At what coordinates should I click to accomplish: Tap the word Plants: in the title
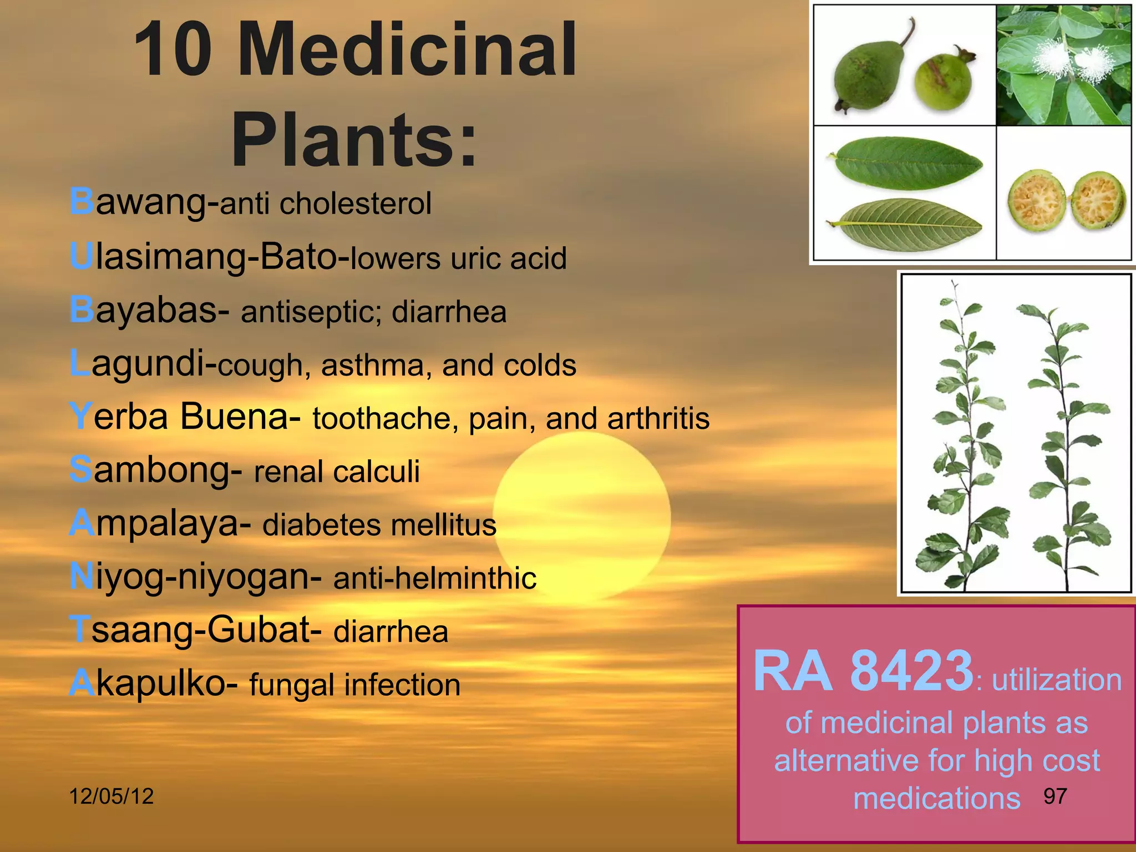354,140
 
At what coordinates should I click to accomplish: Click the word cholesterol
355,204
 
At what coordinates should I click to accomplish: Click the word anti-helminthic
434,578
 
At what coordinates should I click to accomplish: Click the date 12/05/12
111,797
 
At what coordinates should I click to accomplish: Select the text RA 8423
863,672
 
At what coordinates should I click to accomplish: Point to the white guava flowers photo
1063,65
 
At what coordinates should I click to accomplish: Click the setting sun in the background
582,516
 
